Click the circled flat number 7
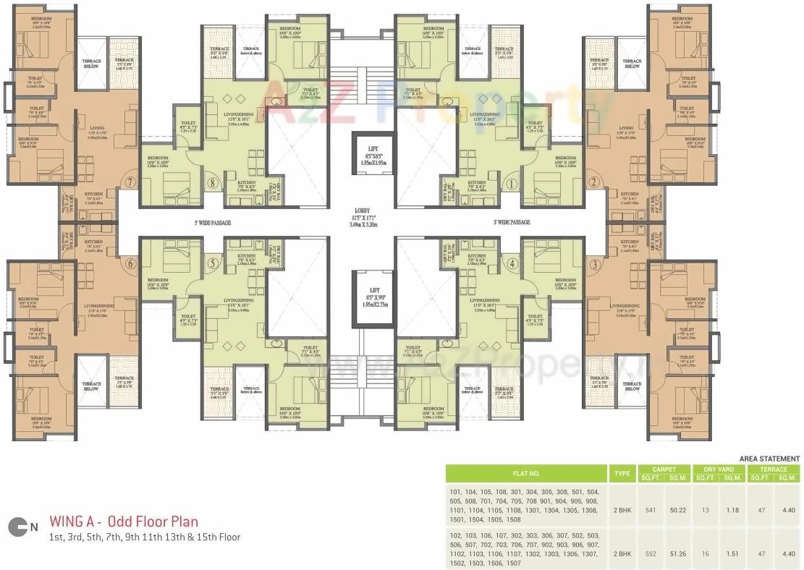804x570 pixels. click(130, 183)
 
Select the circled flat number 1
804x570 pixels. click(512, 183)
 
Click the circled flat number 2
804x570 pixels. click(593, 183)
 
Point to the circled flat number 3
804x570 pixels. click(593, 264)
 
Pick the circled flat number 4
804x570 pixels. click(512, 264)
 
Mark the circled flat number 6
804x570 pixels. click(130, 264)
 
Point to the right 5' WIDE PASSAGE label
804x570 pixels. click(511, 223)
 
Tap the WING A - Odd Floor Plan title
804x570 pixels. click(124, 522)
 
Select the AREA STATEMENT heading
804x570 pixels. click(769, 459)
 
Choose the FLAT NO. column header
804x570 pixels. click(526, 474)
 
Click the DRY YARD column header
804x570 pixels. click(719, 469)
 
